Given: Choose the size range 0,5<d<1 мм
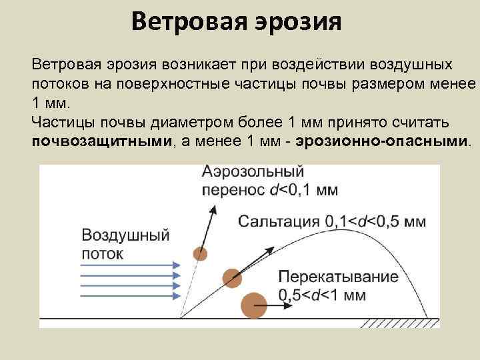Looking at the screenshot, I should pos(323,295).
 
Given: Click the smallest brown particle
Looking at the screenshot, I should pos(199,253).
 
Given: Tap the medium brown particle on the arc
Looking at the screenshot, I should pos(231,278).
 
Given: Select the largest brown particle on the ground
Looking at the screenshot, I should pos(253,305).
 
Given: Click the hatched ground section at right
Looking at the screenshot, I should pos(400,323).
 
